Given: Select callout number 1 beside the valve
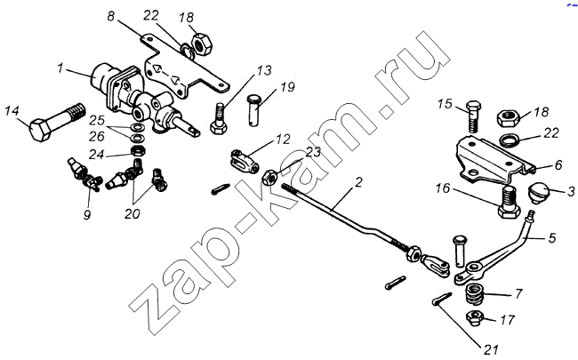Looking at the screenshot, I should (x=60, y=68).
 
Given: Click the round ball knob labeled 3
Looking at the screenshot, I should (x=540, y=193).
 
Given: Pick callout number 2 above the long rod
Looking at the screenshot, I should (x=358, y=184).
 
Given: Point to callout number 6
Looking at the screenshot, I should (x=558, y=165).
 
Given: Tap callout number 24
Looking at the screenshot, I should (x=105, y=154).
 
